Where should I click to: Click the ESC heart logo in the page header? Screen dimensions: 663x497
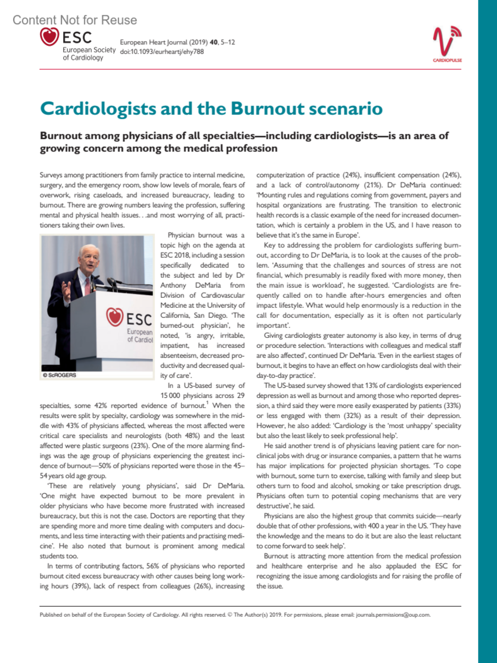[49, 36]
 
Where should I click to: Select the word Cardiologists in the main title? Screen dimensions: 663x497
[98, 108]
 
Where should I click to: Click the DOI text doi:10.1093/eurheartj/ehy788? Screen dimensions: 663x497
[162, 52]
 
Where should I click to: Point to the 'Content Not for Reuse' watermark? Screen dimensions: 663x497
[75, 20]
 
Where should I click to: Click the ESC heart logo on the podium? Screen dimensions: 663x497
[115, 317]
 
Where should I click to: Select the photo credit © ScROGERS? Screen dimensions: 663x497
[60, 375]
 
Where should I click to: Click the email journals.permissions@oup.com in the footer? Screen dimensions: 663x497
[393, 615]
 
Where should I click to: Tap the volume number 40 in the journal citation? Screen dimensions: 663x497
[214, 42]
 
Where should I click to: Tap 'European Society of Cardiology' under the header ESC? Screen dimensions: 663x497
[89, 53]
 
